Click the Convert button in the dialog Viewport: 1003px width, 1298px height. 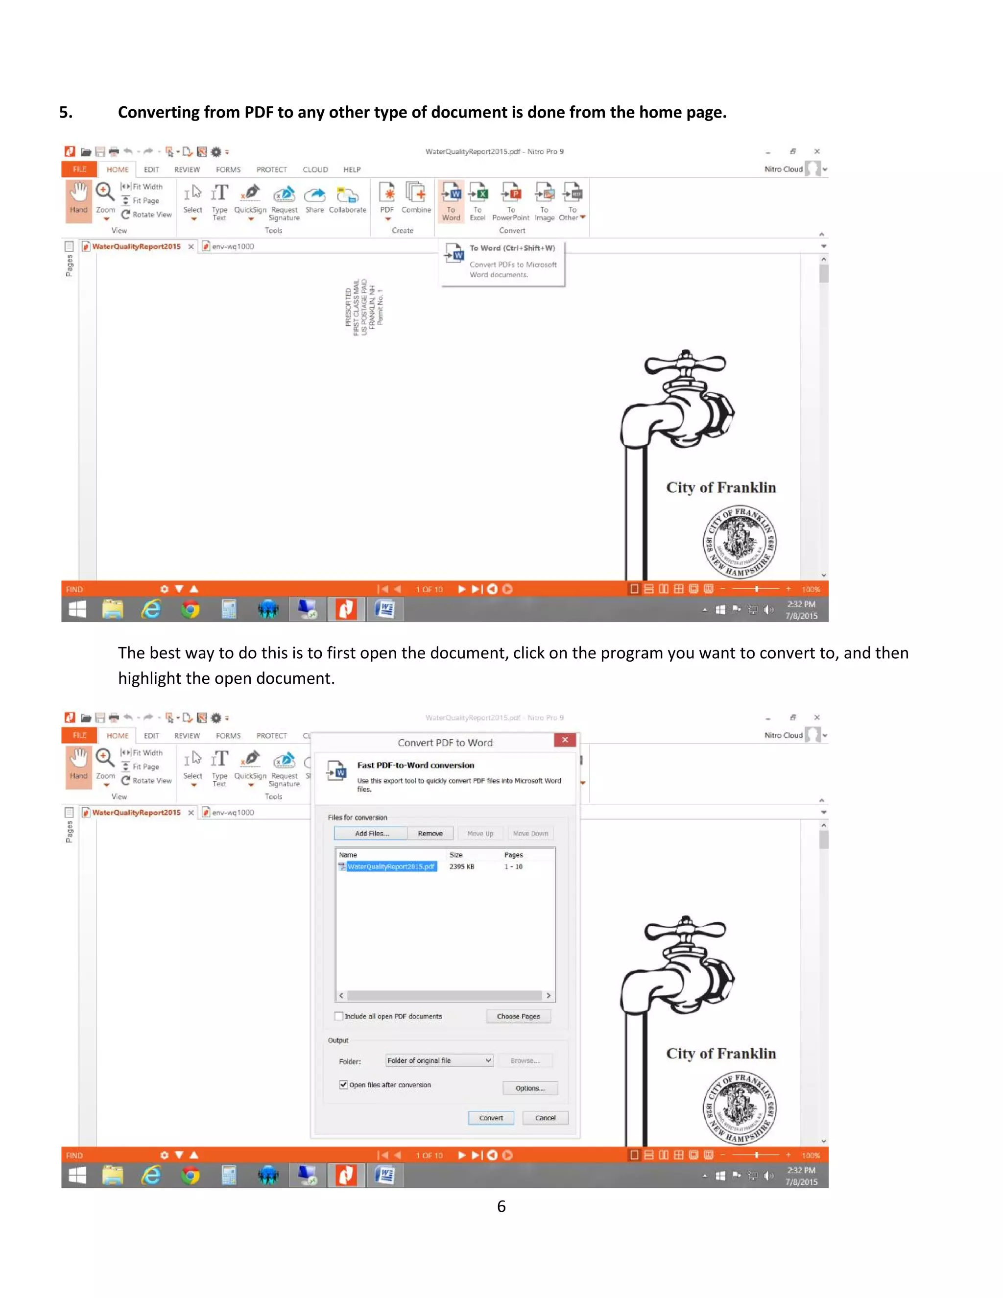coord(491,1118)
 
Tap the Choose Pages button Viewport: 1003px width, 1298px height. coord(518,1016)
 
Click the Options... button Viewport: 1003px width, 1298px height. coord(530,1088)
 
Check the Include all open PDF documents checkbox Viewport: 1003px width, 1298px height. coord(339,1016)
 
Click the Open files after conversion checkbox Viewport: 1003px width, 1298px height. coord(343,1084)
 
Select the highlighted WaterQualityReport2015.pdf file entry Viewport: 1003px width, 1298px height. coord(391,866)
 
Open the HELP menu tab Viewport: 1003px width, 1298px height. coord(352,169)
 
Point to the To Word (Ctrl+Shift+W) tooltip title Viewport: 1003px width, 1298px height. coord(512,248)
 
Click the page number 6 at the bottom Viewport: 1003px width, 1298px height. coord(501,1206)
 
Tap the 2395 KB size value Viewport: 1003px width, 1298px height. coord(462,866)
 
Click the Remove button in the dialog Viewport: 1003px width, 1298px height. coord(430,833)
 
